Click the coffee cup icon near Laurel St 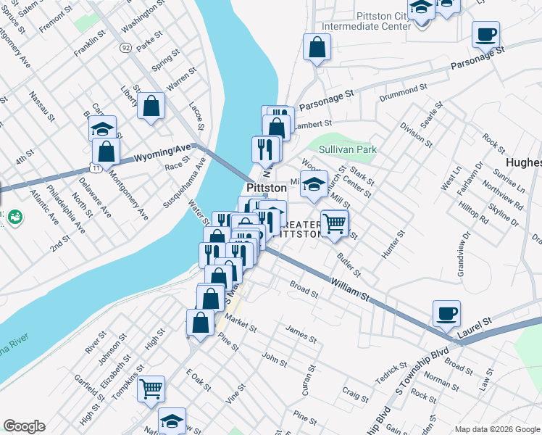(x=446, y=312)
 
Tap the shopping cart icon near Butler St (x=334, y=223)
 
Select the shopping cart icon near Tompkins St (x=151, y=388)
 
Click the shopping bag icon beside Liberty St (x=151, y=106)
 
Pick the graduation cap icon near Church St (x=314, y=184)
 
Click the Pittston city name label (x=267, y=187)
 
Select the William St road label (x=350, y=288)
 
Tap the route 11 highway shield (x=96, y=167)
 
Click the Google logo (x=24, y=426)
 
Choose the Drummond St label (x=403, y=91)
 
